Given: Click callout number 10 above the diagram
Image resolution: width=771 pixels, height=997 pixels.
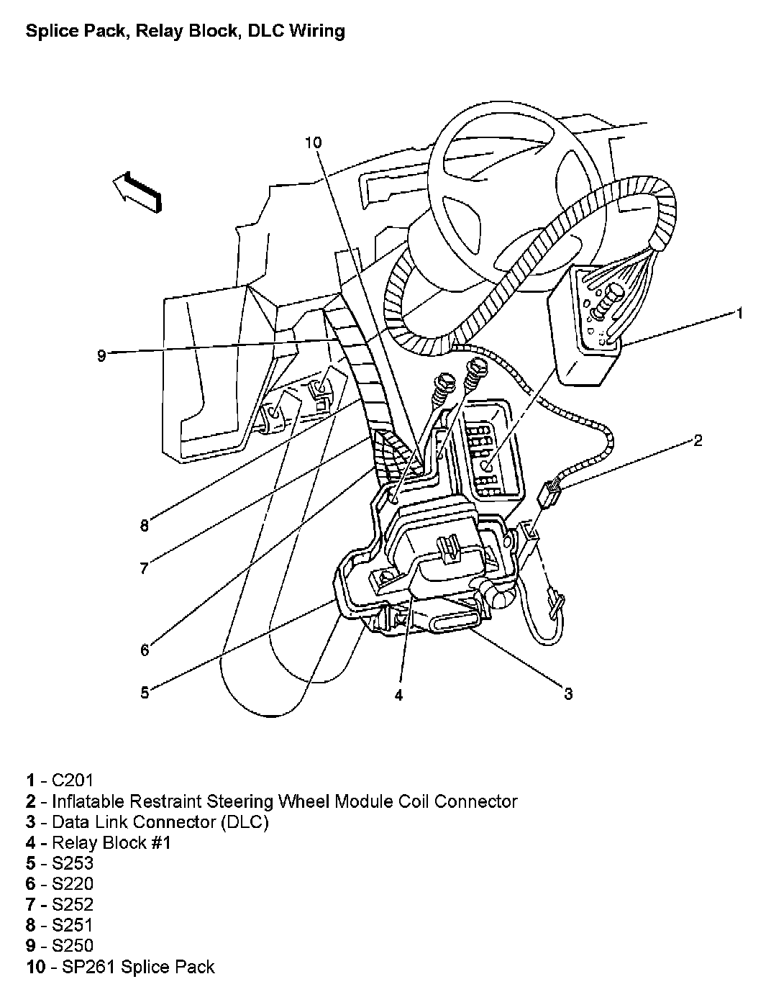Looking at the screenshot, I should [x=313, y=142].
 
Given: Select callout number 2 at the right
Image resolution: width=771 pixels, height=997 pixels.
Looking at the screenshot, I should [x=697, y=440].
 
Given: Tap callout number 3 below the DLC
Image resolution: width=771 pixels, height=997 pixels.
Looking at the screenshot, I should [x=567, y=693].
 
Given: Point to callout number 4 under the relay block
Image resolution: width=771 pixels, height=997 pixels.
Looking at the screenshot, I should [x=398, y=694].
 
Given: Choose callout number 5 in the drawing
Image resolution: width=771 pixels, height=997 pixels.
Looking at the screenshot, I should [x=145, y=693].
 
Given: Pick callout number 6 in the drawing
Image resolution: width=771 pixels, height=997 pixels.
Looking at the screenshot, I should [x=145, y=650].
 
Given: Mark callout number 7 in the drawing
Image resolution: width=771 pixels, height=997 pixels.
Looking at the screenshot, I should [x=145, y=568].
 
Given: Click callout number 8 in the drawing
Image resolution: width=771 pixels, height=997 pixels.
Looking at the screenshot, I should [x=145, y=526].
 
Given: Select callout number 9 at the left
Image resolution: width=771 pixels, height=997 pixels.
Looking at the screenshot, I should [x=101, y=355].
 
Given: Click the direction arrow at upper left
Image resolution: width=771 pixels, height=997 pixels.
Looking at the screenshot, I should [x=137, y=192].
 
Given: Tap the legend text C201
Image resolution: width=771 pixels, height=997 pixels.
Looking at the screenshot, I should [x=73, y=780].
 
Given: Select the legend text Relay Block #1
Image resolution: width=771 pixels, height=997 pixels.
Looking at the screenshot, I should [x=111, y=842].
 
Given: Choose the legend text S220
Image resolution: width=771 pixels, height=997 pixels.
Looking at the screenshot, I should [x=73, y=884].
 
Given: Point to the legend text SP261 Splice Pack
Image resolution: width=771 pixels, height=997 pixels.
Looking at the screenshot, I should [x=133, y=967].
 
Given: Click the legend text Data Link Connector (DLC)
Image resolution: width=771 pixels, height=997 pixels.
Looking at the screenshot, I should [x=160, y=821].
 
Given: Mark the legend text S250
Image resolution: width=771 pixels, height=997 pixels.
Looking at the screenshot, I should [x=73, y=946].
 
